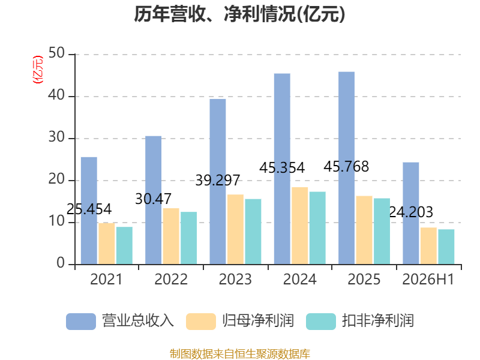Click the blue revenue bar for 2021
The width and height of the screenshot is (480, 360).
[x=89, y=211]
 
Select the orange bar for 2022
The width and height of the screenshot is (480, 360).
[x=171, y=236]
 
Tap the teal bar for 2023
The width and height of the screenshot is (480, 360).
[x=253, y=232]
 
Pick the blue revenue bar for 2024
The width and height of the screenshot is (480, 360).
[x=282, y=169]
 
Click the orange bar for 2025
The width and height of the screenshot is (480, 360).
[x=364, y=230]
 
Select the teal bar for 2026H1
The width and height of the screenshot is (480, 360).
[x=446, y=247]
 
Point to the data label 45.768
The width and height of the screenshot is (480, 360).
[x=346, y=167]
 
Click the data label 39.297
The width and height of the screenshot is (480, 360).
[x=218, y=181]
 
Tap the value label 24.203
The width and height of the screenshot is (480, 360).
[x=411, y=212]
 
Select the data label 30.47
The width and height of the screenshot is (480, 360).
[x=153, y=199]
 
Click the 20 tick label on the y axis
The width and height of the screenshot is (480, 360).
[x=56, y=179]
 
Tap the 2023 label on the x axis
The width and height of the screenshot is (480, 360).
[x=235, y=279]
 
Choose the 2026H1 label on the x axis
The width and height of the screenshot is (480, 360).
[x=428, y=279]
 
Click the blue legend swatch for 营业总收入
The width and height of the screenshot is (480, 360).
[x=81, y=322]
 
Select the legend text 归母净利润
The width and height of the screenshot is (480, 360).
[x=258, y=321]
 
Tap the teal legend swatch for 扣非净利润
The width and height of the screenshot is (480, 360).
[x=321, y=322]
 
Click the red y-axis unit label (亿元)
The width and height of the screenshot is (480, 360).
[x=38, y=70]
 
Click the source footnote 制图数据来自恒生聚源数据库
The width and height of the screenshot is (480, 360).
[x=240, y=354]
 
